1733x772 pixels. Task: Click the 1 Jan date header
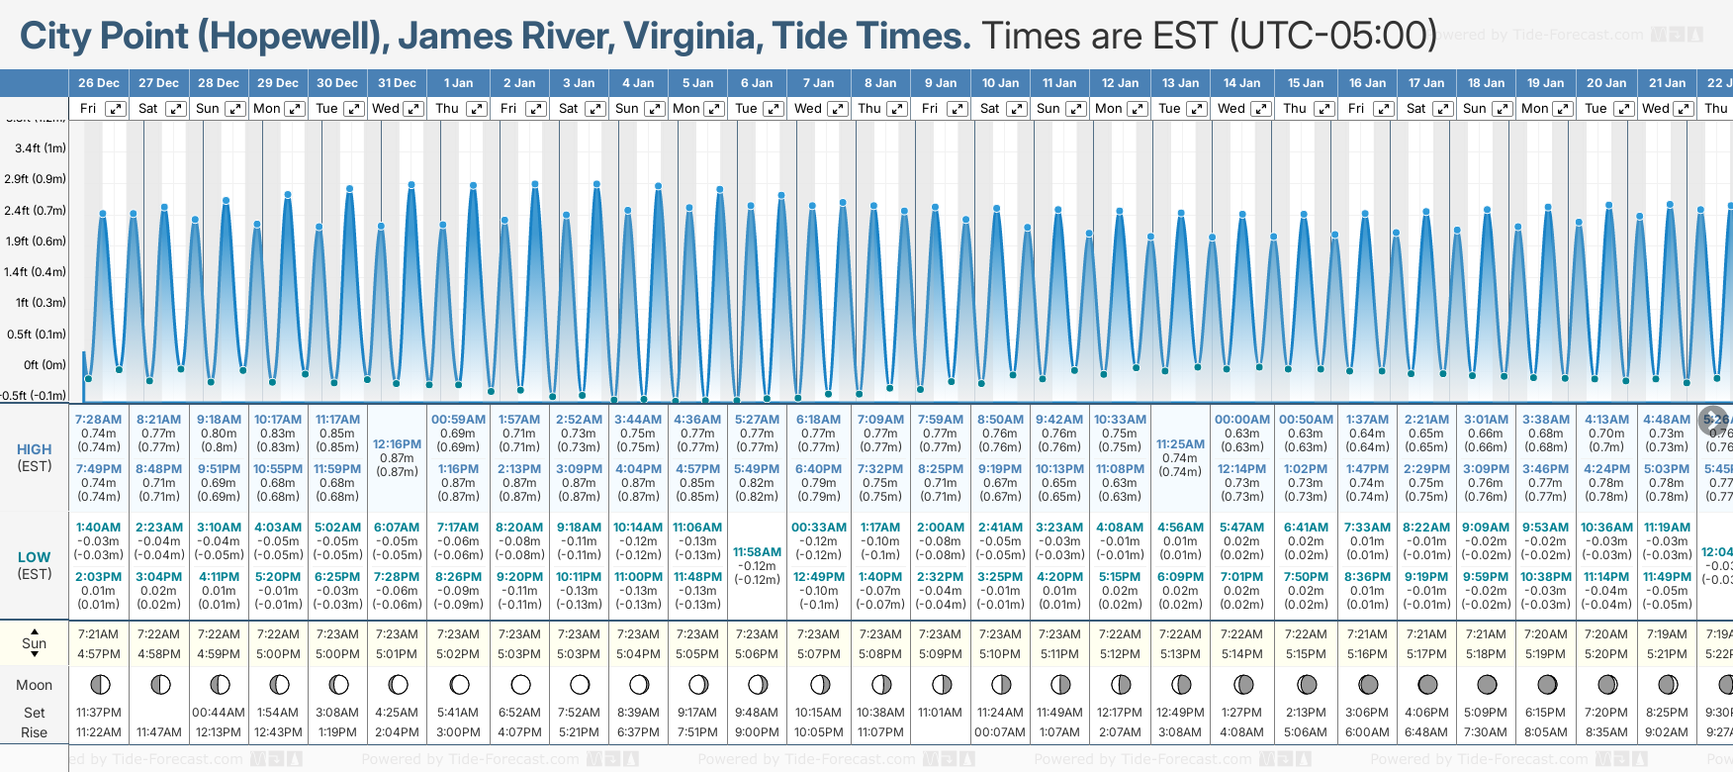pyautogui.click(x=458, y=83)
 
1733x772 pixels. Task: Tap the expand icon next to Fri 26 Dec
pyautogui.click(x=116, y=109)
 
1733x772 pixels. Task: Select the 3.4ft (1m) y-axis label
pyautogui.click(x=40, y=148)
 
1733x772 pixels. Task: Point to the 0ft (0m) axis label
pyautogui.click(x=45, y=364)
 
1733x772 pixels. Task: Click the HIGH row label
pyautogui.click(x=35, y=449)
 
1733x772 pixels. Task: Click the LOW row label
pyautogui.click(x=35, y=557)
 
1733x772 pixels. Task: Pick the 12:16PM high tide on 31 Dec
pyautogui.click(x=397, y=444)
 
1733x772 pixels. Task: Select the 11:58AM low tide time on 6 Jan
pyautogui.click(x=757, y=551)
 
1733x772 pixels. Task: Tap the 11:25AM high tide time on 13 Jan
pyautogui.click(x=1180, y=444)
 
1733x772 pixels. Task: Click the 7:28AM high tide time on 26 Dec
pyautogui.click(x=99, y=420)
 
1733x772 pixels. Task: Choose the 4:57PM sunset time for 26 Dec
pyautogui.click(x=99, y=654)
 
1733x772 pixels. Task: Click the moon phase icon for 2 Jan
pyautogui.click(x=520, y=684)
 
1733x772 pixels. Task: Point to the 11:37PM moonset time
pyautogui.click(x=99, y=713)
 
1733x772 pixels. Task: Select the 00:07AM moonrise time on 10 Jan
pyautogui.click(x=999, y=732)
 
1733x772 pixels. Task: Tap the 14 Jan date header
pyautogui.click(x=1241, y=83)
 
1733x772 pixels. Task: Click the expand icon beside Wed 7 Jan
pyautogui.click(x=838, y=109)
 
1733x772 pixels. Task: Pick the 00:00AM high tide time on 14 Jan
pyautogui.click(x=1241, y=420)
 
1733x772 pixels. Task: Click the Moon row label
pyautogui.click(x=35, y=685)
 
